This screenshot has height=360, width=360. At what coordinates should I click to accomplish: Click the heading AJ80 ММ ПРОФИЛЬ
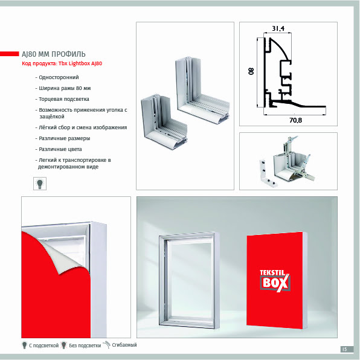[x=54, y=54]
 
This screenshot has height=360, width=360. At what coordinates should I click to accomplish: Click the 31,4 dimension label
[x=278, y=28]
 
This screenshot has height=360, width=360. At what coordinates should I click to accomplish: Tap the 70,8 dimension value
[x=295, y=120]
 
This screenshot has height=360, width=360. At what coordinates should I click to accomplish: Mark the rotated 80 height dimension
[x=251, y=71]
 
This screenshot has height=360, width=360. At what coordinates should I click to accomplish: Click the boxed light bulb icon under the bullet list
[x=40, y=184]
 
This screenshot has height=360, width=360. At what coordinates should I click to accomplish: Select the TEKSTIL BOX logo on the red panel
[x=275, y=281]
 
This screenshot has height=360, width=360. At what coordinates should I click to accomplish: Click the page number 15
[x=344, y=349]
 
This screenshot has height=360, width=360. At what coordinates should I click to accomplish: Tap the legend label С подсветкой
[x=43, y=346]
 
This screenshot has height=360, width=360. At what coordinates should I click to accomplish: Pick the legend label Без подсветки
[x=85, y=346]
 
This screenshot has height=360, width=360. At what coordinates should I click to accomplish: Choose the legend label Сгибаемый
[x=124, y=345]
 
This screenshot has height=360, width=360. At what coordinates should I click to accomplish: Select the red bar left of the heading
[x=10, y=54]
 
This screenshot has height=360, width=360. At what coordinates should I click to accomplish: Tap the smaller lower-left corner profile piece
[x=164, y=121]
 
